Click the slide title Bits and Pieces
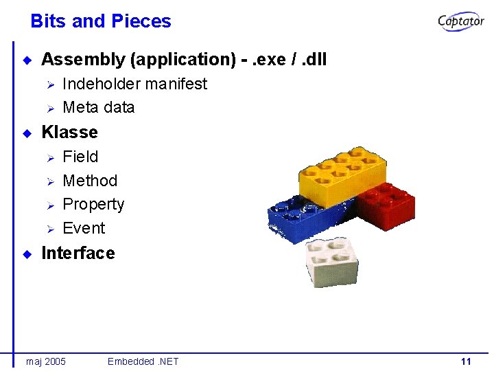click(101, 21)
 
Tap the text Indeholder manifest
click(134, 84)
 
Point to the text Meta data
click(98, 107)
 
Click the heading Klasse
click(69, 132)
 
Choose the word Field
click(80, 157)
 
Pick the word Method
click(90, 181)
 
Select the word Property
click(93, 205)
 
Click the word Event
click(84, 228)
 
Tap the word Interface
click(78, 253)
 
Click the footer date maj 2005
click(46, 361)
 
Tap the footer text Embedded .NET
click(143, 361)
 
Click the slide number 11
click(466, 361)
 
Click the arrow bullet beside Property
click(49, 205)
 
